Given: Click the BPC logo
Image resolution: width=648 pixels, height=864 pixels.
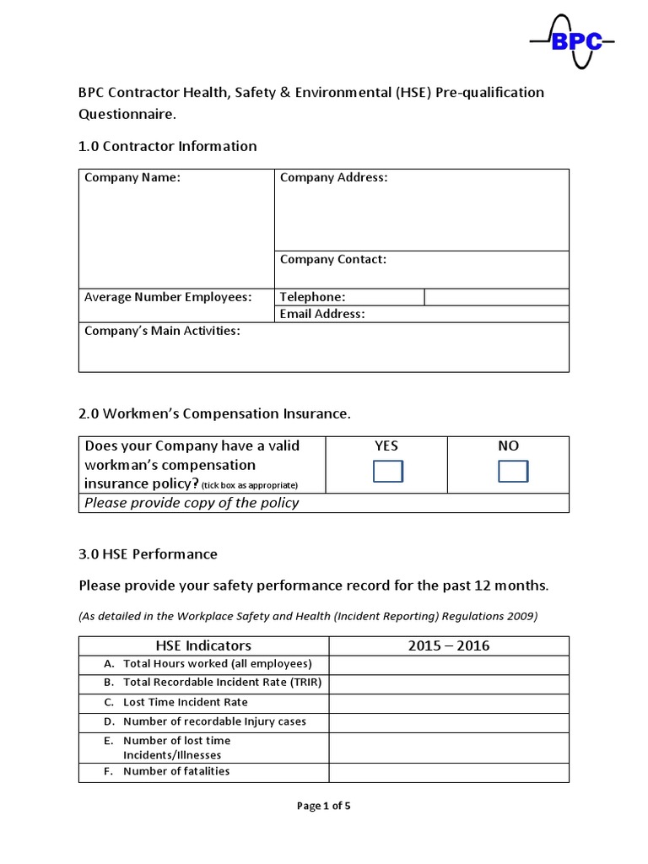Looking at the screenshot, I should click(571, 41).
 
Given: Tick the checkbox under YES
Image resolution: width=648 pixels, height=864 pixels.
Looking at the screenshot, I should click(387, 472).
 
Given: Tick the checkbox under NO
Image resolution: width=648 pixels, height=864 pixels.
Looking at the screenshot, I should click(512, 472).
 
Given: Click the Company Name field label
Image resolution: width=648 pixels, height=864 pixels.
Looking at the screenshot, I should click(132, 178).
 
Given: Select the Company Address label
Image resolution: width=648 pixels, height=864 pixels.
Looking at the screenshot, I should click(333, 178).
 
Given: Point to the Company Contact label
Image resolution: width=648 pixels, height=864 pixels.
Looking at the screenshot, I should click(332, 260).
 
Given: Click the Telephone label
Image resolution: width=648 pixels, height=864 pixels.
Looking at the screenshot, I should click(312, 297).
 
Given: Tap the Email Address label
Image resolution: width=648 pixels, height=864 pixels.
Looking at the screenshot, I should click(322, 314).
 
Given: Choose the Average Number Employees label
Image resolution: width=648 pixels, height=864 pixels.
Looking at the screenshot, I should click(168, 297).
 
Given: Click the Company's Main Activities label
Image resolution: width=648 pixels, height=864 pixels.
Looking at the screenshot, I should click(162, 331).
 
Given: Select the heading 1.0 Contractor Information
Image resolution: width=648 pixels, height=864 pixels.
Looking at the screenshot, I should click(167, 146).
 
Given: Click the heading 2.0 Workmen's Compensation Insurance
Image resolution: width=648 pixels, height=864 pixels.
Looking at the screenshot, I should click(213, 413).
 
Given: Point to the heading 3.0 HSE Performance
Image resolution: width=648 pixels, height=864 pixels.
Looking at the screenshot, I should click(148, 554).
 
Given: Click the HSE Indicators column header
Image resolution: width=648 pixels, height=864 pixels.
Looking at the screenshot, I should click(203, 646).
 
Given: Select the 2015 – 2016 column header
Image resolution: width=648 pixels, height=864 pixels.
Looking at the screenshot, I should click(448, 646).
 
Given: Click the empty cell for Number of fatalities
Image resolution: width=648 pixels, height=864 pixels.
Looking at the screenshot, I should click(448, 772).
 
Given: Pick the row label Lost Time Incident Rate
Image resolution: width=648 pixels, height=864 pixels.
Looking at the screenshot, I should click(185, 703).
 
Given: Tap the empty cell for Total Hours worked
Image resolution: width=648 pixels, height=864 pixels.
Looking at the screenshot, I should click(448, 665).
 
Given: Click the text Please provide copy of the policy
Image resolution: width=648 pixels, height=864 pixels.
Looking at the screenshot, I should click(192, 503).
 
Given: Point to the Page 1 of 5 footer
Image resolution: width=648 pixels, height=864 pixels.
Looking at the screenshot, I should click(323, 806).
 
